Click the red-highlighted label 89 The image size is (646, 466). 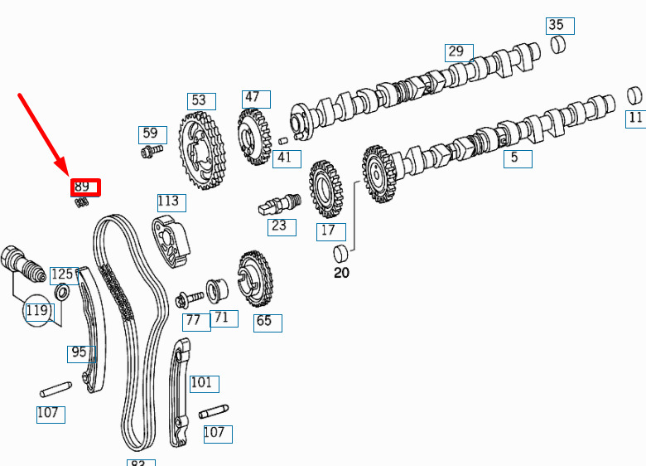pyautogui.click(x=85, y=187)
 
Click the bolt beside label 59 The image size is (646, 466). pyautogui.click(x=152, y=151)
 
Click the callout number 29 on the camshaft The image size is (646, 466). pyautogui.click(x=459, y=52)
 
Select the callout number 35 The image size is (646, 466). pyautogui.click(x=560, y=26)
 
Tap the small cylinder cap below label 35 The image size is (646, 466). pyautogui.click(x=558, y=45)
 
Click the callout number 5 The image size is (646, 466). pyautogui.click(x=518, y=158)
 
